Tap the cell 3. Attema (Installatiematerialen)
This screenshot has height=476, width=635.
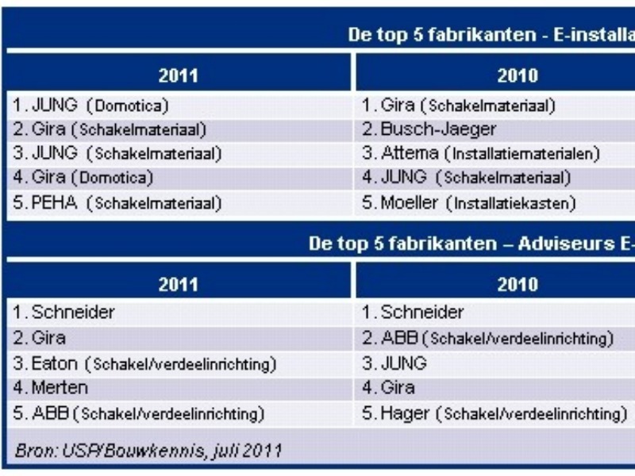click(x=480, y=153)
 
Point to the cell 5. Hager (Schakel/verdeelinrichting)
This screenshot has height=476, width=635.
click(x=489, y=413)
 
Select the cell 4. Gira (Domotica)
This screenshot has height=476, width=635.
click(x=84, y=178)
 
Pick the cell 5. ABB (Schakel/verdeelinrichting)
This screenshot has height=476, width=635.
click(x=140, y=413)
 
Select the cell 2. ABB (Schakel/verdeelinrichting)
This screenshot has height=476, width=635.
click(x=488, y=340)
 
